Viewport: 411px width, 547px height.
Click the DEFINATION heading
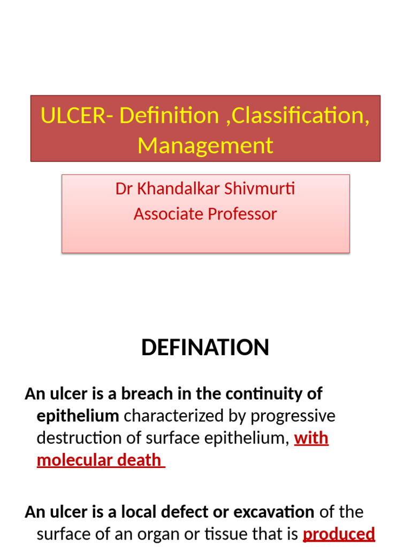[205, 348]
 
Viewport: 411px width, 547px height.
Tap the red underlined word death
[143, 460]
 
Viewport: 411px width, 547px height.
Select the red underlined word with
[311, 438]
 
